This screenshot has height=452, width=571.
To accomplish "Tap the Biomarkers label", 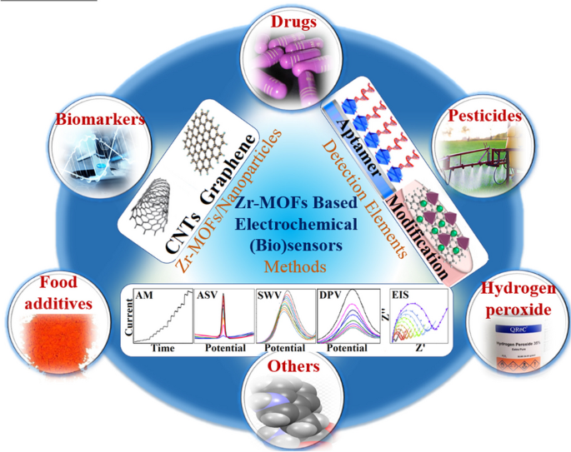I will click(x=99, y=119).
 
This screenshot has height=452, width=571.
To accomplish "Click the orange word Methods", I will click(x=286, y=268).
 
